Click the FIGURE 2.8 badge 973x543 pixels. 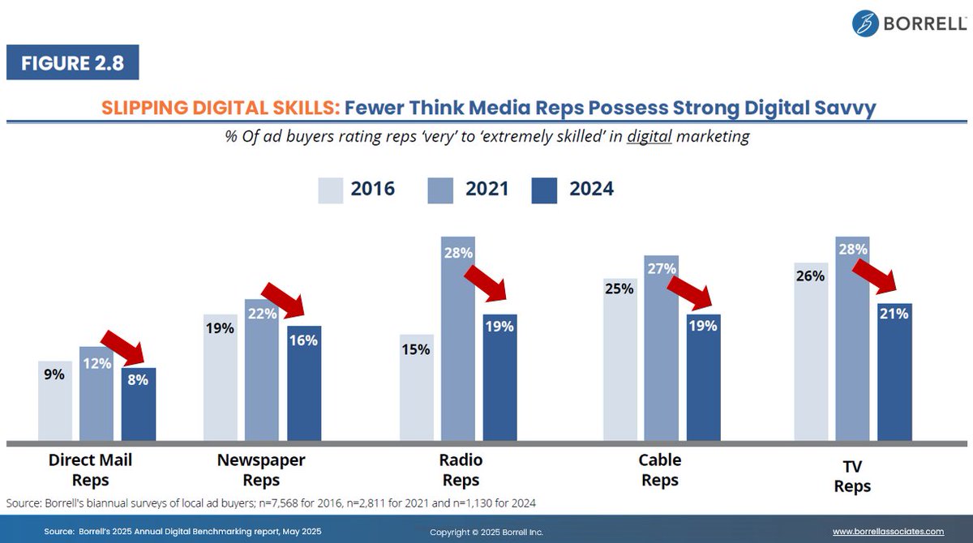coord(73,62)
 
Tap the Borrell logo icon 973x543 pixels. coord(866,23)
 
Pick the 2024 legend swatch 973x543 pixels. coord(544,190)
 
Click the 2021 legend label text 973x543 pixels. coord(486,189)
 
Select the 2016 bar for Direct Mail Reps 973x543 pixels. coord(55,401)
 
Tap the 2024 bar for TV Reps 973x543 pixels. coord(894,373)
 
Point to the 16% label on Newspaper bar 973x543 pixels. coord(304,340)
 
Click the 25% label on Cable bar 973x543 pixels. coord(619,288)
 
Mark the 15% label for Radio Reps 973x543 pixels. coord(416,349)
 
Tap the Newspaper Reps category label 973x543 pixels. coord(261,470)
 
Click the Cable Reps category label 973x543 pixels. coord(659,470)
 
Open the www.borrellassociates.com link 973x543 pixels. coord(888,532)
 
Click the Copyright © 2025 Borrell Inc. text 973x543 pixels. coord(486,532)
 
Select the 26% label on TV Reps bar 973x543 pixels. coord(810,276)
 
